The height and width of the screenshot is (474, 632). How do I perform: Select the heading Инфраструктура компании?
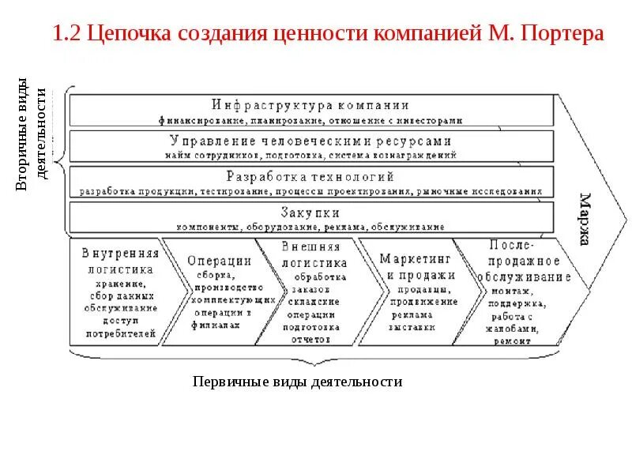click(310, 105)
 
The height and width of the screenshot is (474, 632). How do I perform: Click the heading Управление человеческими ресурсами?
click(310, 141)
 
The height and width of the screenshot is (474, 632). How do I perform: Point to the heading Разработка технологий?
click(310, 176)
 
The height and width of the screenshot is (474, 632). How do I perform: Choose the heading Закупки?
click(310, 212)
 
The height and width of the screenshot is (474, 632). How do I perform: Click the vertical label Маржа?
click(585, 219)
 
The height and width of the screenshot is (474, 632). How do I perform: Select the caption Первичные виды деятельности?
click(297, 382)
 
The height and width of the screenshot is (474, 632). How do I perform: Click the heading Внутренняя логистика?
click(120, 261)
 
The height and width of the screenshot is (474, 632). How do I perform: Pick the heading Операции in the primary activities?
click(220, 260)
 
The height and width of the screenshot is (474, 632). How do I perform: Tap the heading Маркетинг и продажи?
click(417, 267)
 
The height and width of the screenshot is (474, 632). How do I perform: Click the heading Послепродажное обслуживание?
click(525, 261)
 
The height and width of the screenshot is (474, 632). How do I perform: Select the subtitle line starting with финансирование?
click(310, 120)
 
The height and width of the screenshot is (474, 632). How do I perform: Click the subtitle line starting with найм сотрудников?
click(310, 156)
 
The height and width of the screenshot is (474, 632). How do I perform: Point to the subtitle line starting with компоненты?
click(310, 227)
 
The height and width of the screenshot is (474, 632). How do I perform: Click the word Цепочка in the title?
click(131, 35)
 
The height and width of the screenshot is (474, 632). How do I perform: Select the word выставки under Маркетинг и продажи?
click(412, 325)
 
